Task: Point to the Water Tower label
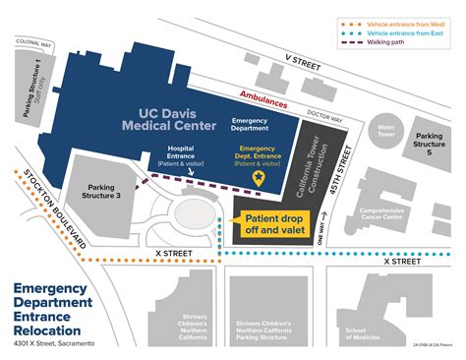385,132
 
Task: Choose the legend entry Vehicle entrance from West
403,22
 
